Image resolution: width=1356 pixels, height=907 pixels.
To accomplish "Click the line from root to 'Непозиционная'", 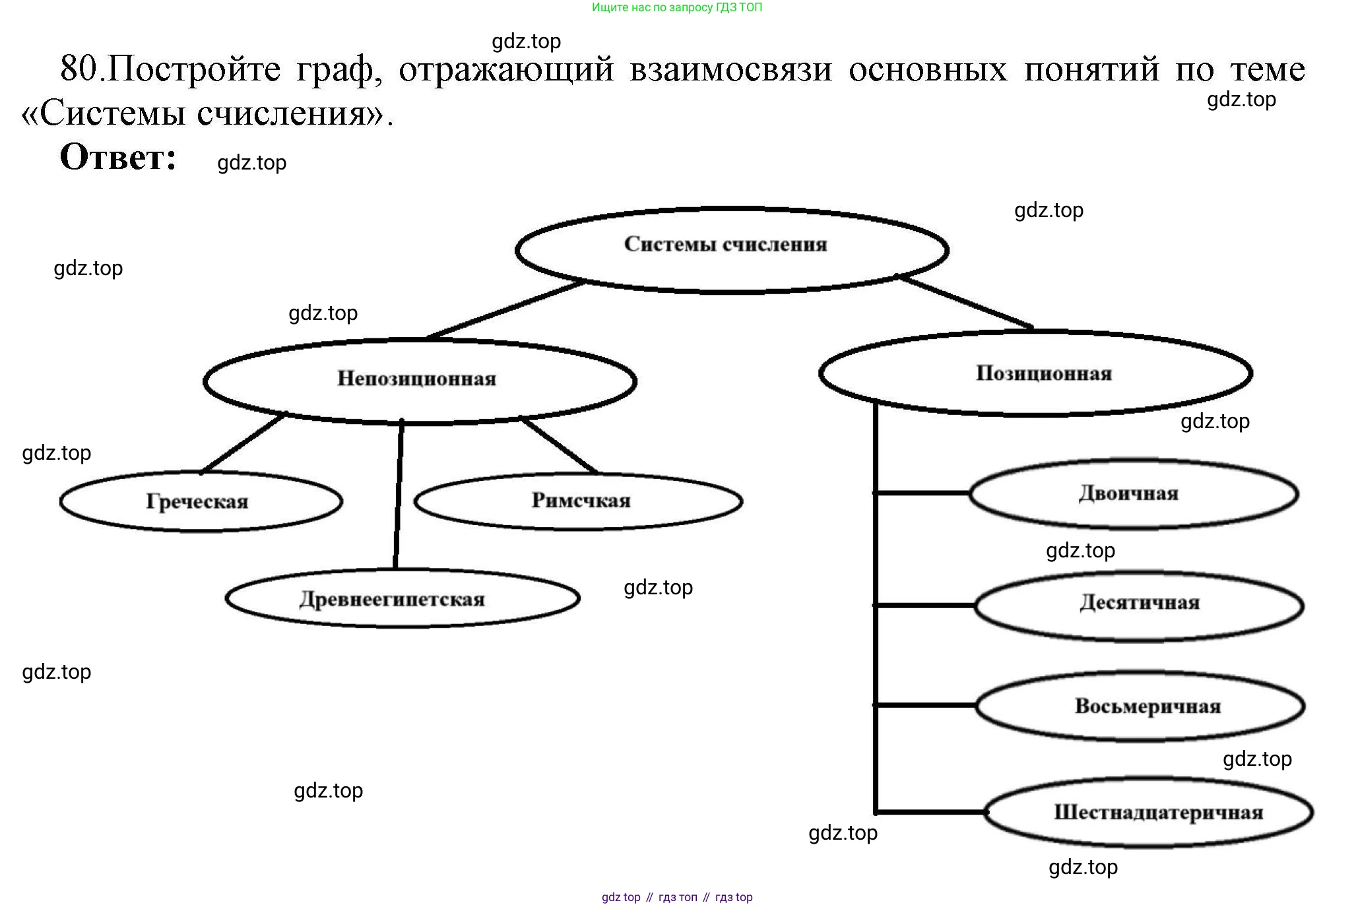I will click(505, 309).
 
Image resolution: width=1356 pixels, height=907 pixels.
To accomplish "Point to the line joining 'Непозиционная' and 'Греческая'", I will click(243, 443).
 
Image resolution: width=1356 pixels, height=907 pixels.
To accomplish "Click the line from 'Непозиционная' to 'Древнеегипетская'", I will click(399, 495).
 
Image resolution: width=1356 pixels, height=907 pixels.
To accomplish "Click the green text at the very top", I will click(677, 8).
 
